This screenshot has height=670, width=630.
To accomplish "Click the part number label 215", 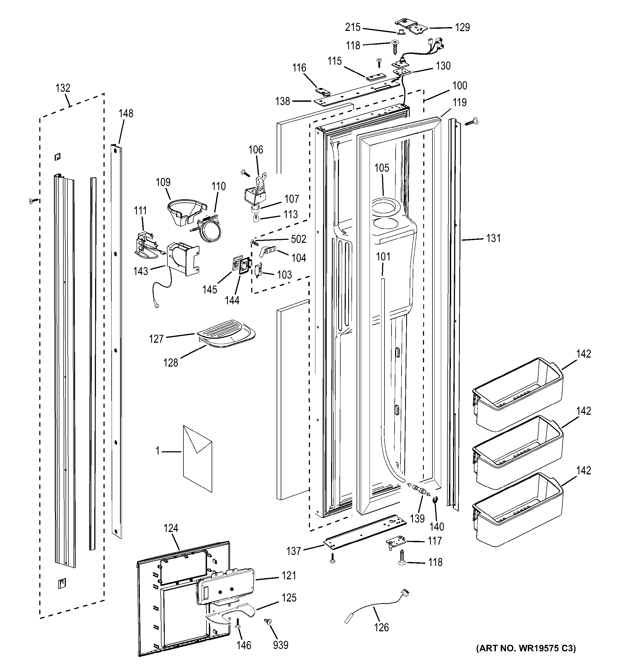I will (353, 27).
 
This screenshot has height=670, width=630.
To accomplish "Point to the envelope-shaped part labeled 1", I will (198, 458).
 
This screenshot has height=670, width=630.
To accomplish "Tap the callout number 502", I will (299, 239).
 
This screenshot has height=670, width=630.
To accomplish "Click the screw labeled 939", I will (269, 622).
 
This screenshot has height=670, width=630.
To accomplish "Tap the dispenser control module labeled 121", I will (224, 586).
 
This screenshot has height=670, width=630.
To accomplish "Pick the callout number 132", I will (63, 88).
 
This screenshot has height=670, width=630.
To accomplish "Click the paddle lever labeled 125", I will (229, 612).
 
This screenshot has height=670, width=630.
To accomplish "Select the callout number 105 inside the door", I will (382, 168).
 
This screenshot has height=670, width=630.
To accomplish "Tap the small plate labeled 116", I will (322, 92).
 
